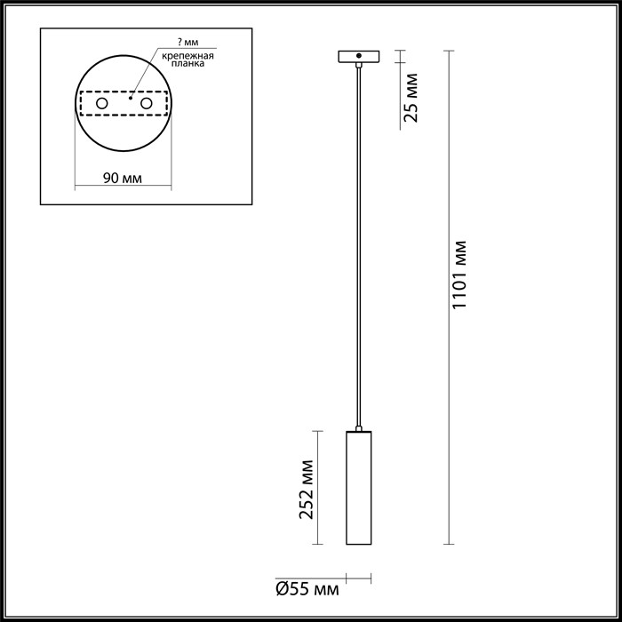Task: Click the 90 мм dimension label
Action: coord(123,178)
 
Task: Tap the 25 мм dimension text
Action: coord(411,100)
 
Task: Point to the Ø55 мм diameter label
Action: coord(307,587)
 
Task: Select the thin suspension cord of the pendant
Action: coord(358,249)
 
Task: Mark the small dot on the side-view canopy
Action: coord(358,55)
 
